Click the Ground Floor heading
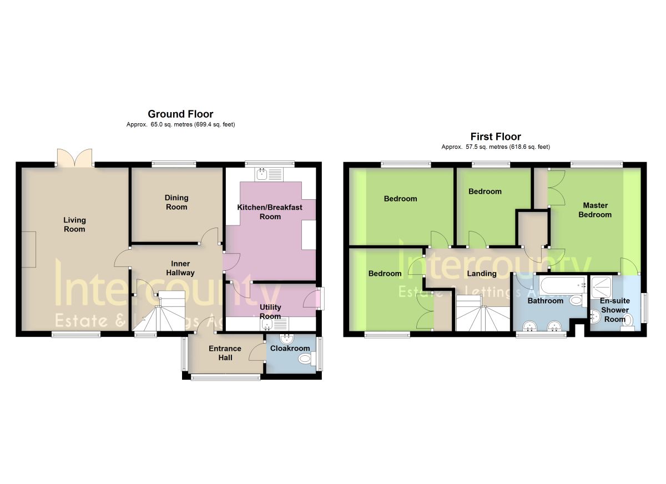[180, 114]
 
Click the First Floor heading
[496, 137]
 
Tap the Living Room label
[74, 225]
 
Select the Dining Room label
[176, 203]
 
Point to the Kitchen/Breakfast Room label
[270, 212]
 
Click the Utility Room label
[270, 311]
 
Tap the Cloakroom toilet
[307, 359]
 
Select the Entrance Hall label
[225, 353]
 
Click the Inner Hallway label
[180, 268]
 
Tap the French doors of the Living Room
[74, 157]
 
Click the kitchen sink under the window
[269, 174]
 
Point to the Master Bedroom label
[595, 210]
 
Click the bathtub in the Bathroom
[563, 285]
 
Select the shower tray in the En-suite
[601, 287]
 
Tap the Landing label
[482, 274]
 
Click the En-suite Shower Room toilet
[628, 324]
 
